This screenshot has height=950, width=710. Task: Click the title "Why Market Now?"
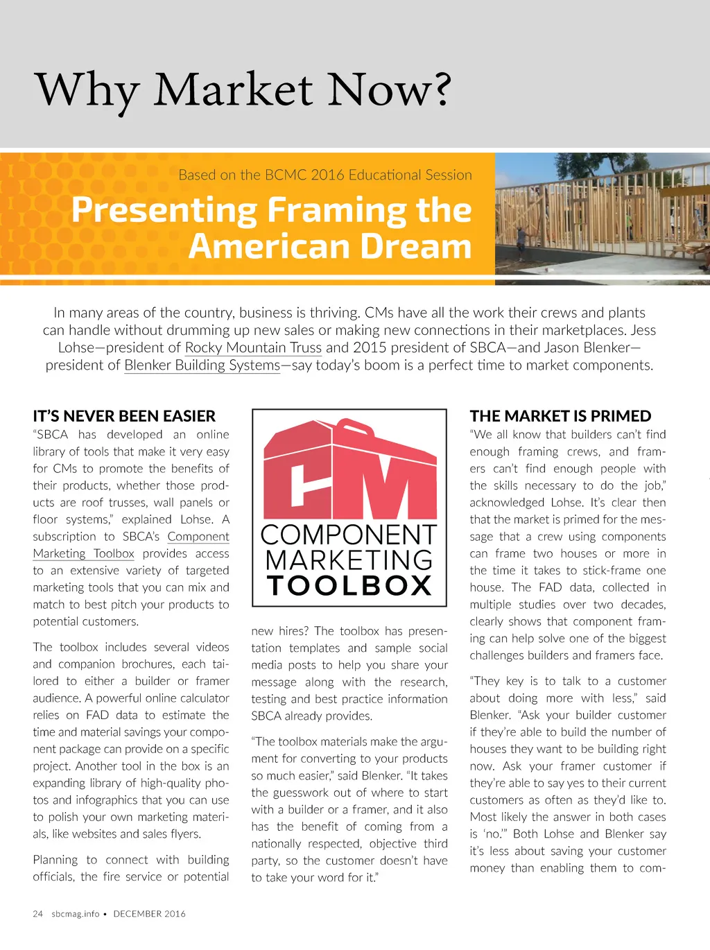243,90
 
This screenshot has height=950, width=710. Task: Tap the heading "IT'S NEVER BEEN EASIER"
124,416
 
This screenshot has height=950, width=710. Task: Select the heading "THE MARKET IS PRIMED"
560,416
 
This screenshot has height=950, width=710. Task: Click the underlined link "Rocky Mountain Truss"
253,347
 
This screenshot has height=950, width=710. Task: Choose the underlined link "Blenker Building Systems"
202,365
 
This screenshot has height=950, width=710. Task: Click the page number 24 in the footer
37,913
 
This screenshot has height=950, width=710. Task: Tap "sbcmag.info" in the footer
75,913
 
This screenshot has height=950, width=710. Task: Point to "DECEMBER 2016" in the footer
149,913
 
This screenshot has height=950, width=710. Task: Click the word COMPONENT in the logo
349,535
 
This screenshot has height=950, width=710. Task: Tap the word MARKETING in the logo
349,560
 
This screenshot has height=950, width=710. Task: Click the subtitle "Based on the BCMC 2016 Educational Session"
324,175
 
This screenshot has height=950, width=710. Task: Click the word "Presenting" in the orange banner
164,209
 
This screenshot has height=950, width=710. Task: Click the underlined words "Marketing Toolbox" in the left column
83,553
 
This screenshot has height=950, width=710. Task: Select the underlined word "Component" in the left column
198,536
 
